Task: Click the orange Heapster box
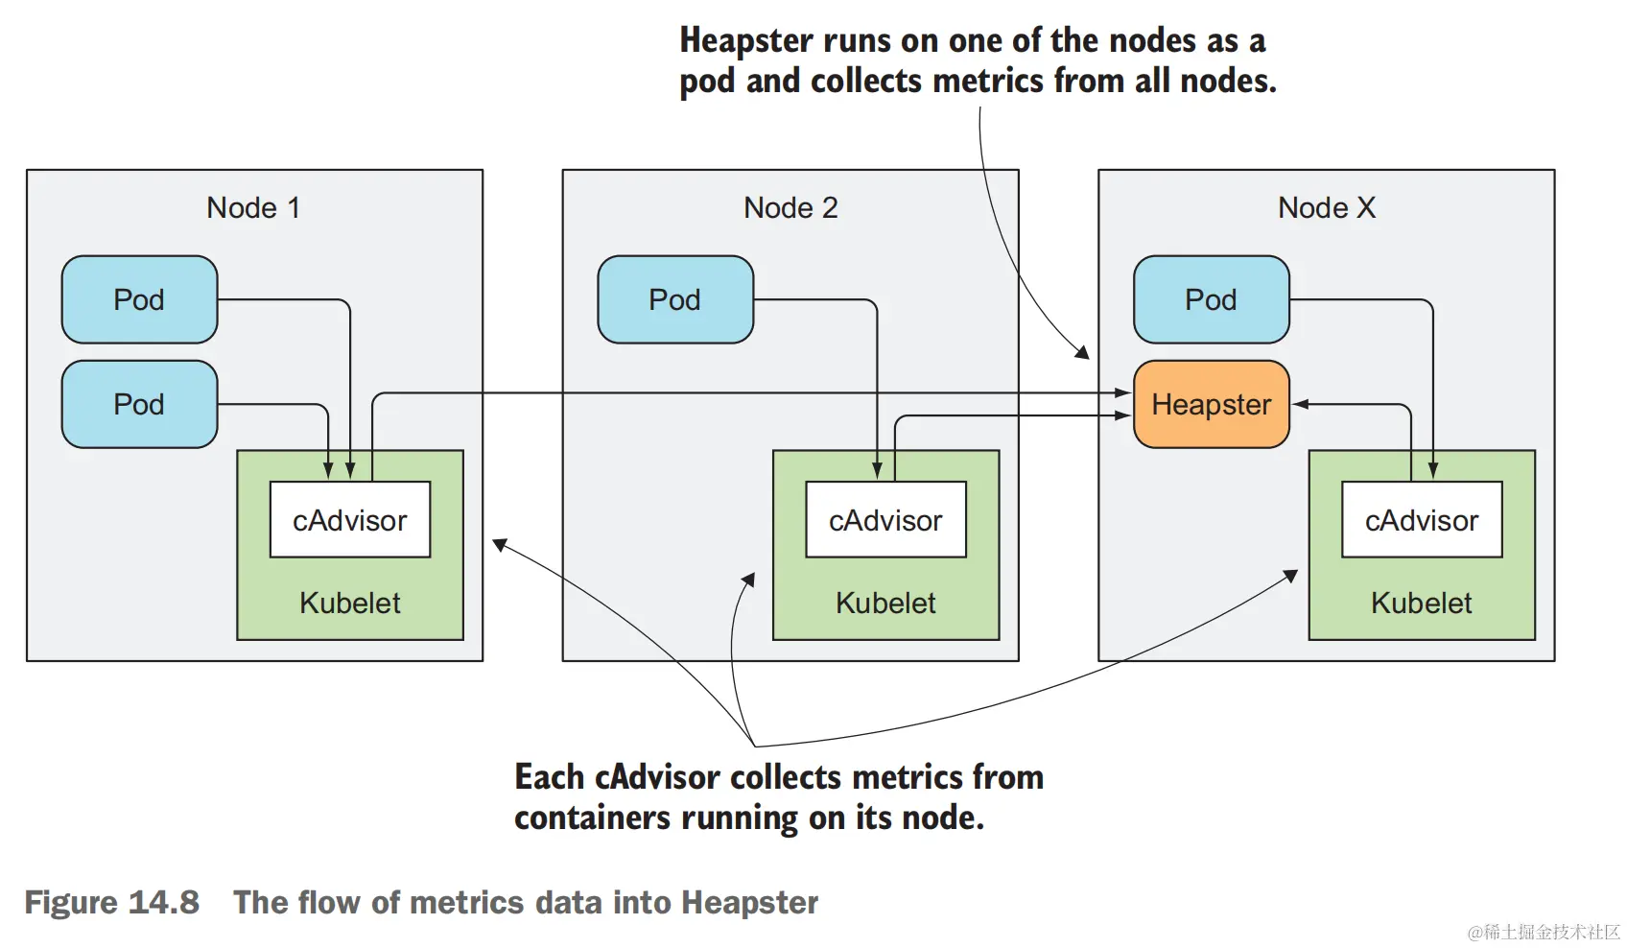point(1211,404)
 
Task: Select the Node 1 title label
point(253,207)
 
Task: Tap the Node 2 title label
point(790,207)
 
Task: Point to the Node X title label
point(1326,207)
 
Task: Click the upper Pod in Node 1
point(139,299)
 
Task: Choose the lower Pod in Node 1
point(139,404)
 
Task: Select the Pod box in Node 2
point(675,299)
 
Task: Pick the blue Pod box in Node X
point(1211,299)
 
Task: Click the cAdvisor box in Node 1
point(350,520)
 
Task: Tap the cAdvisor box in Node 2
point(885,520)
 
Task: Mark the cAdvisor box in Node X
point(1422,520)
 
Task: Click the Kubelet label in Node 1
point(350,603)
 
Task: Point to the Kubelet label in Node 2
point(885,603)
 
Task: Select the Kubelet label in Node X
point(1421,603)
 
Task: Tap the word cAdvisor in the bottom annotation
point(657,776)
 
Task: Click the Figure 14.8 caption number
point(112,902)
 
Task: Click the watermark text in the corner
point(1544,932)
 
